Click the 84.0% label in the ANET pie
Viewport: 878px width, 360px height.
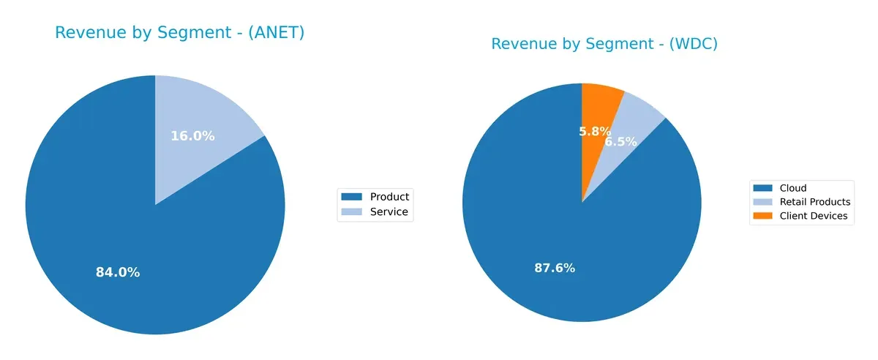tap(118, 272)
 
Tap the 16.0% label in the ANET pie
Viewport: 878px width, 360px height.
tap(192, 136)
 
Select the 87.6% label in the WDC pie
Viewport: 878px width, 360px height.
tap(555, 268)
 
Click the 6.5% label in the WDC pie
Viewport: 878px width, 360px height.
tap(620, 142)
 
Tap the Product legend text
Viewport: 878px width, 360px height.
tap(389, 196)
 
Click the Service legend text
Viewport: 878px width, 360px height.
tap(389, 212)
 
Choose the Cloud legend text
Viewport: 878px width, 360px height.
tap(793, 188)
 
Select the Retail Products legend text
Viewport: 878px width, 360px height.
tap(815, 202)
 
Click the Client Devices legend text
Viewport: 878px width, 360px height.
tap(814, 216)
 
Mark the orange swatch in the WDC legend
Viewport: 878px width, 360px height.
tap(764, 216)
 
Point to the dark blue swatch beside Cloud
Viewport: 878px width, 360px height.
tap(764, 188)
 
